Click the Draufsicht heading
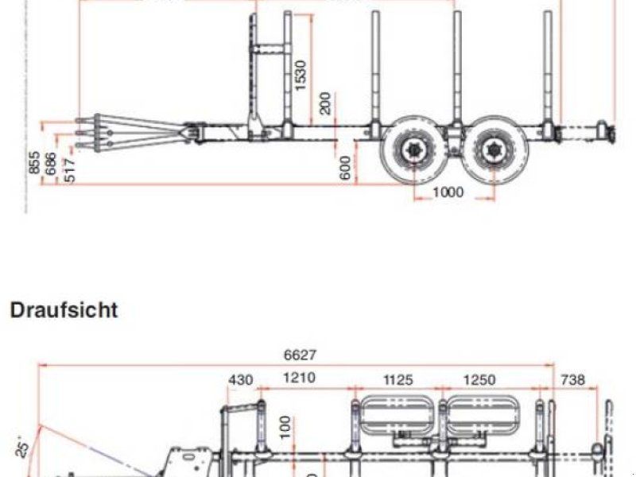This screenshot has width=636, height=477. point(64,310)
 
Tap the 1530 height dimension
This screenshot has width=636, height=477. point(301,76)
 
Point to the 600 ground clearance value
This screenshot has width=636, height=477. point(346,168)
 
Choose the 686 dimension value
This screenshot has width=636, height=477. point(52,165)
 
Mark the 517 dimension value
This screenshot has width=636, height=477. point(69,169)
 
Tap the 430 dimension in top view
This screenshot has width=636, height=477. point(240,380)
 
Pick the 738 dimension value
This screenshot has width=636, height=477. point(572,380)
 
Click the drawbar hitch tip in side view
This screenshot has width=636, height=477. point(81,133)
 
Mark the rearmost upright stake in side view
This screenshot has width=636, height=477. point(548,68)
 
